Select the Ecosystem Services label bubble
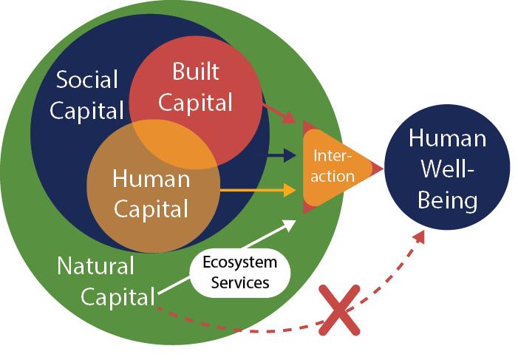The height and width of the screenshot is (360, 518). tap(240, 272)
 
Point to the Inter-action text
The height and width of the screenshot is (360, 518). tap(333, 166)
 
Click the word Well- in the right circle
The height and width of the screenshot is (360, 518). tap(448, 169)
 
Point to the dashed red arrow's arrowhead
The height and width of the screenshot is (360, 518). tap(420, 237)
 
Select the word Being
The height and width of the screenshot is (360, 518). tap(448, 200)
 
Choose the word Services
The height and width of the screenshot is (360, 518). tap(240, 282)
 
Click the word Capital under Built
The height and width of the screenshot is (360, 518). tap(195, 102)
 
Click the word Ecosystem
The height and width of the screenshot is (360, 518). tap(240, 262)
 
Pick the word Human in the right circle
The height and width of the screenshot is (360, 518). tap(448, 138)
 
